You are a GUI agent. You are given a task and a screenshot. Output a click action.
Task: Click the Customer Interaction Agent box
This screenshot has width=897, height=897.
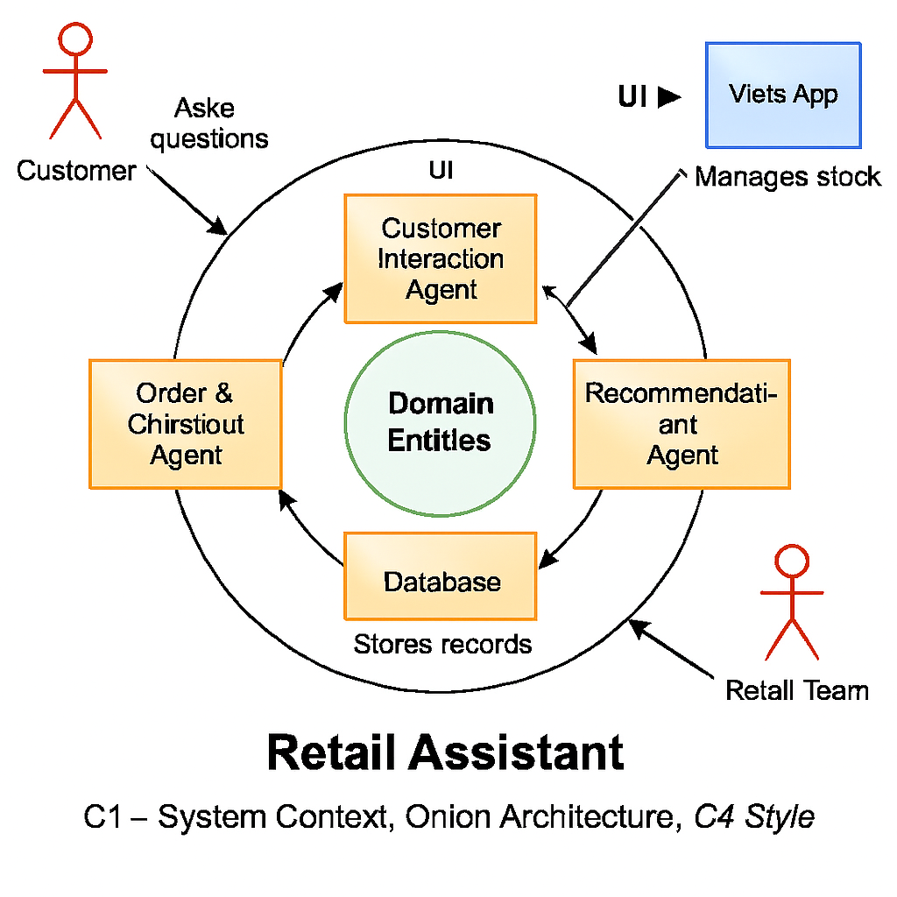(x=440, y=258)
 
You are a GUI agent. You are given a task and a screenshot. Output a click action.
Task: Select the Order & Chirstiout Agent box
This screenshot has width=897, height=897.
(x=185, y=424)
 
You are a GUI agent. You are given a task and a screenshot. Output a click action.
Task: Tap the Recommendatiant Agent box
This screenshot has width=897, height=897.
(x=682, y=424)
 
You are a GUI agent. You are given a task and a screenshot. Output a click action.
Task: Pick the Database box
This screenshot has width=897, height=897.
(x=440, y=576)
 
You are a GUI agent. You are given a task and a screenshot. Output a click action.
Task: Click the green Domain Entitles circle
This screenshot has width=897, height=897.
(x=440, y=422)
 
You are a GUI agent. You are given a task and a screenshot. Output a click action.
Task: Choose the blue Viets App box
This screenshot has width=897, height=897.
(x=783, y=95)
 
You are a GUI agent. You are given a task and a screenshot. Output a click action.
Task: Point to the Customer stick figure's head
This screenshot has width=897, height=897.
(x=74, y=38)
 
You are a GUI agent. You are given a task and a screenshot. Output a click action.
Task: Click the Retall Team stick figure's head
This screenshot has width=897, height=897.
(x=791, y=561)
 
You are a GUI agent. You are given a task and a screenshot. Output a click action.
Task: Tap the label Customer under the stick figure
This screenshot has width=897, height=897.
(x=76, y=170)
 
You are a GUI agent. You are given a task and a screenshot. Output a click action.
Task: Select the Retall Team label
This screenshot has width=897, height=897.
(x=797, y=690)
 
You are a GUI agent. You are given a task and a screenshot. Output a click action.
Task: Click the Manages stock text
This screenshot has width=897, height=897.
(x=787, y=177)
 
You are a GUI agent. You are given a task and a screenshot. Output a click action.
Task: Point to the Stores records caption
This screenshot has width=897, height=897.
(x=442, y=645)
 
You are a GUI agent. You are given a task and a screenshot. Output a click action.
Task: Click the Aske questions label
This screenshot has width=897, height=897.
(x=208, y=124)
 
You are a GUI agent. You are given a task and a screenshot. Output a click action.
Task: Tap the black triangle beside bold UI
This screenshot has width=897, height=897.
(x=668, y=97)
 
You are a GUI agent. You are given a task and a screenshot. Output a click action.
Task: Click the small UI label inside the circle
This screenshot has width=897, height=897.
(x=441, y=170)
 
